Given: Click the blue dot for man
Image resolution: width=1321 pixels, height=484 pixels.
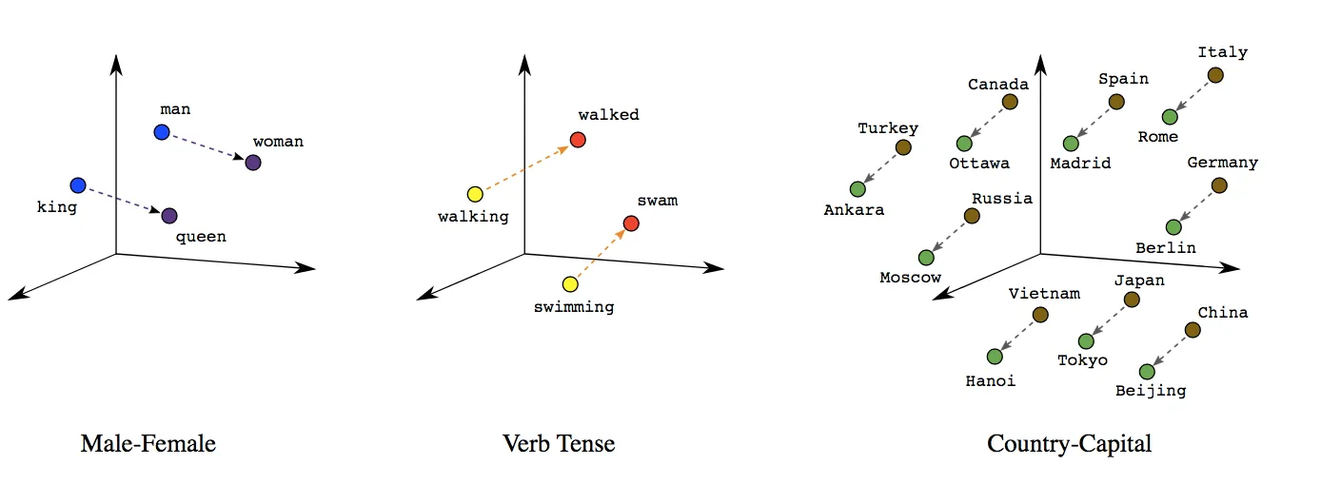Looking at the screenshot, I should pyautogui.click(x=161, y=132).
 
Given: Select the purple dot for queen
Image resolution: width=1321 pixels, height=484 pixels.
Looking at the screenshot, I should pyautogui.click(x=169, y=216).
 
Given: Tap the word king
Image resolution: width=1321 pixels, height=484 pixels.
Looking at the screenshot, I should pyautogui.click(x=56, y=206).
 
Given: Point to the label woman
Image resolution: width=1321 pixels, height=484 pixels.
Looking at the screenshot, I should pyautogui.click(x=278, y=142).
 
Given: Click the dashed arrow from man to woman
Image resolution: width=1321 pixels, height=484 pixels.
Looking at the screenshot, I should pyautogui.click(x=207, y=147).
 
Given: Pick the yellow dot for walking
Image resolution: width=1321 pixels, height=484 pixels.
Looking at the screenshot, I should pyautogui.click(x=475, y=194).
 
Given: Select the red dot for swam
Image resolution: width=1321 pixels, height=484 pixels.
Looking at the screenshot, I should pyautogui.click(x=630, y=223).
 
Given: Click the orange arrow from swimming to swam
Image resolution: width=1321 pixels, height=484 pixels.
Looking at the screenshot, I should pyautogui.click(x=601, y=253).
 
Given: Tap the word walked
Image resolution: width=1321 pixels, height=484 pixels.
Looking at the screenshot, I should pyautogui.click(x=609, y=115).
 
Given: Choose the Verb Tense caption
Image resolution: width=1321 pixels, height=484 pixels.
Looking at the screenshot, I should pyautogui.click(x=559, y=443).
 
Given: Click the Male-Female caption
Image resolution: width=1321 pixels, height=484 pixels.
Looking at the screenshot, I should pyautogui.click(x=148, y=443).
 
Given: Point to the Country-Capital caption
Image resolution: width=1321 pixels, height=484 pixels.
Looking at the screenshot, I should pyautogui.click(x=1069, y=443).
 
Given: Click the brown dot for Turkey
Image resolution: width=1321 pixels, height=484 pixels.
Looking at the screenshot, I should pyautogui.click(x=903, y=147).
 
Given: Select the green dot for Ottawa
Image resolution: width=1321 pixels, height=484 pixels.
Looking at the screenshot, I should pyautogui.click(x=964, y=144).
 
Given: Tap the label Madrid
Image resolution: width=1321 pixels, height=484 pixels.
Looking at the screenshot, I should pyautogui.click(x=1080, y=164).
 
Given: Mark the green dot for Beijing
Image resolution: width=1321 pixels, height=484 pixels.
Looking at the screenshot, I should pyautogui.click(x=1147, y=372).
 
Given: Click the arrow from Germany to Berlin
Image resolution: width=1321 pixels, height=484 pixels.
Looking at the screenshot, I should pyautogui.click(x=1196, y=206).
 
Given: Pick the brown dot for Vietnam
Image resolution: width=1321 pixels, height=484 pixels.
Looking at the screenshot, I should pyautogui.click(x=1040, y=315).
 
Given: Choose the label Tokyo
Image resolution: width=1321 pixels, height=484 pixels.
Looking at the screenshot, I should pyautogui.click(x=1083, y=360).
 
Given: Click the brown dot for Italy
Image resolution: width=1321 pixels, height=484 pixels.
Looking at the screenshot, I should pyautogui.click(x=1215, y=75).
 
